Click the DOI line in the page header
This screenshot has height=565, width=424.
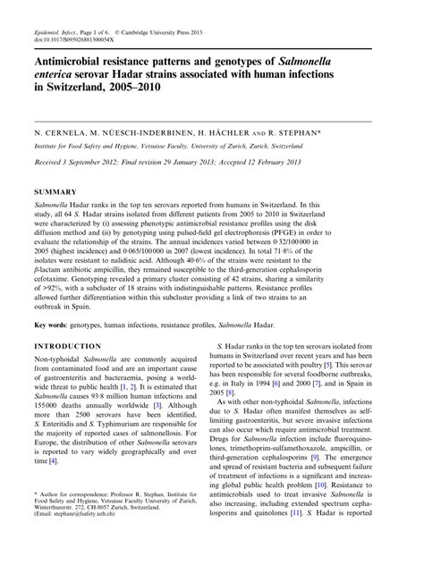74,15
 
